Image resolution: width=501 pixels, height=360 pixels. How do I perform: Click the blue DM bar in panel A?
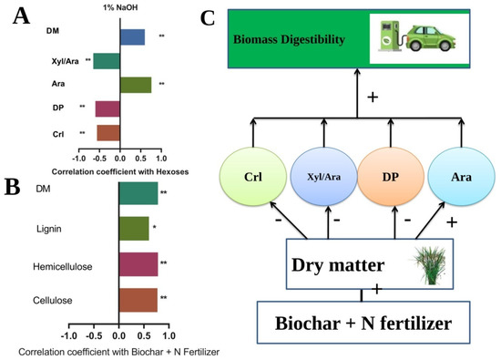[132, 37]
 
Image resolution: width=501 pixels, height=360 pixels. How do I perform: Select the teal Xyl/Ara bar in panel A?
[106, 61]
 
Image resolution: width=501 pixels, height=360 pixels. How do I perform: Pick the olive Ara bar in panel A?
[136, 85]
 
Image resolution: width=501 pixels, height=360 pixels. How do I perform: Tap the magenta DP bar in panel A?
[107, 109]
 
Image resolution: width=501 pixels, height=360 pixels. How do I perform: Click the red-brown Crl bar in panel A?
[108, 133]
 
